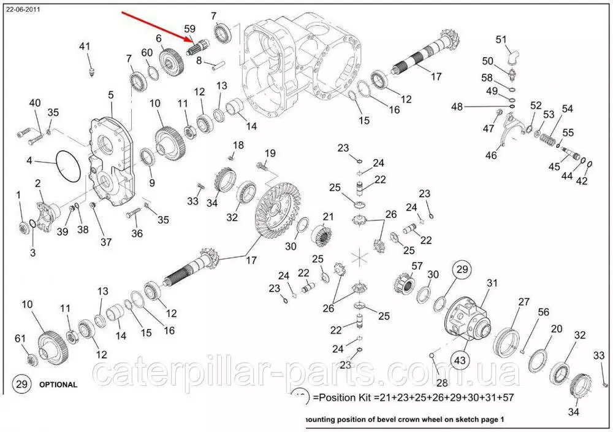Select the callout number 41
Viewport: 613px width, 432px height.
point(85,47)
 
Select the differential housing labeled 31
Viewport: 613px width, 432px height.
point(469,317)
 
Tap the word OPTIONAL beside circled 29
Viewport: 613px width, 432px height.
point(58,385)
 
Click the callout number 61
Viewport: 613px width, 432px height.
point(20,338)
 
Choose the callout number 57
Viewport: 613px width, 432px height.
point(417,266)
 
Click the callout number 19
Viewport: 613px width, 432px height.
point(270,153)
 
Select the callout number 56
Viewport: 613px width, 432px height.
point(543,312)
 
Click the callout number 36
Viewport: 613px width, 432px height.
point(137,233)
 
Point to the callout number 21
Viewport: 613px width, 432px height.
point(328,217)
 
